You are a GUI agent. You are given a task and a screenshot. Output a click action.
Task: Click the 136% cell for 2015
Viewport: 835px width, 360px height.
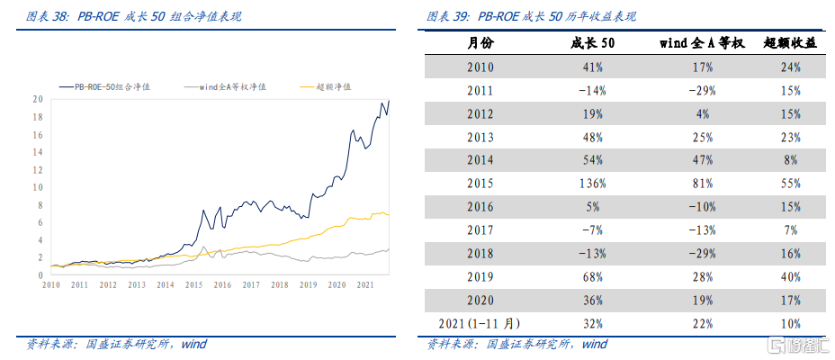(593, 184)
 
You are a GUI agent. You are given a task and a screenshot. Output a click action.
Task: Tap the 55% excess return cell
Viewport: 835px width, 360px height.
(791, 184)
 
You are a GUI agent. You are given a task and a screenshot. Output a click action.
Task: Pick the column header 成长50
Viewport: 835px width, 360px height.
(593, 43)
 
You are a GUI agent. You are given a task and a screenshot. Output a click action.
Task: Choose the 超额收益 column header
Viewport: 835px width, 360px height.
(789, 43)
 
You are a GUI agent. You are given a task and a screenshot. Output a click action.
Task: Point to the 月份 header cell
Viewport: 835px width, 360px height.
(480, 43)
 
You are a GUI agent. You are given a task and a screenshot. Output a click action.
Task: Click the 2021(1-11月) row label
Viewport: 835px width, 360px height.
(480, 323)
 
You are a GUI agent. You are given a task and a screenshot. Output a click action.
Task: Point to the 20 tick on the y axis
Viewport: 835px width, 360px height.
(39, 99)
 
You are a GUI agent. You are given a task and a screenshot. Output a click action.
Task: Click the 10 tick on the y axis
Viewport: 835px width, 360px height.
(39, 187)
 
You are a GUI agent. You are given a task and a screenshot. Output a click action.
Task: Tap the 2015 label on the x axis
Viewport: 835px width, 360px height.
(193, 284)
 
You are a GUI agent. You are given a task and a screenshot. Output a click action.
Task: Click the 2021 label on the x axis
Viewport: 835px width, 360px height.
(365, 284)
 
